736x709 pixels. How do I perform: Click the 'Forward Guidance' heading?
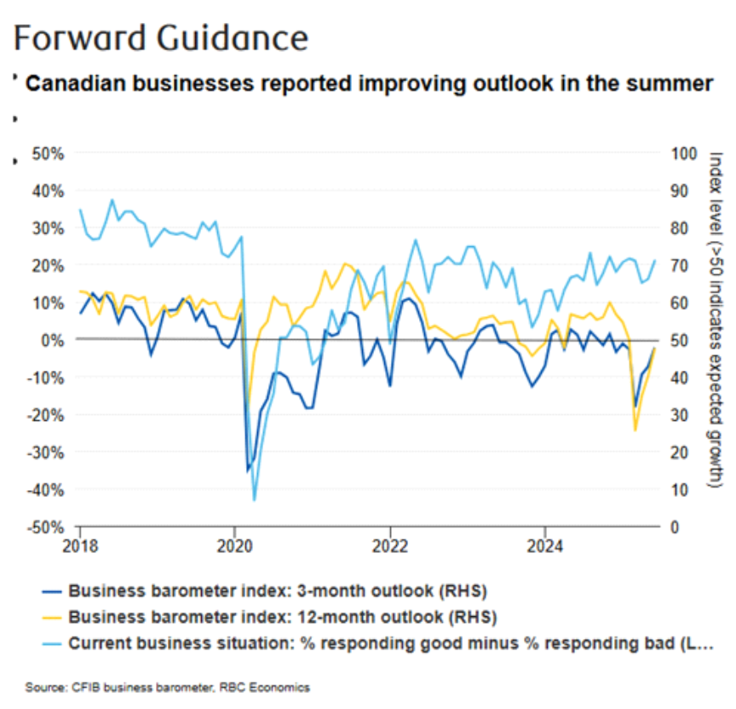coord(160,39)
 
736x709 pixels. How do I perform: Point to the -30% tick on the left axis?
coord(49,452)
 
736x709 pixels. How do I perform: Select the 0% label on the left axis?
coord(55,340)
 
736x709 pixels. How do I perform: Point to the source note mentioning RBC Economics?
coord(168,687)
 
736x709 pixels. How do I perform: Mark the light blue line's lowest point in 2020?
coord(254,499)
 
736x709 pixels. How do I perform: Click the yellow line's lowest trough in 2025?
coord(635,430)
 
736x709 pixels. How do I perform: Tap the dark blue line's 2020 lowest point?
coord(248,470)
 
